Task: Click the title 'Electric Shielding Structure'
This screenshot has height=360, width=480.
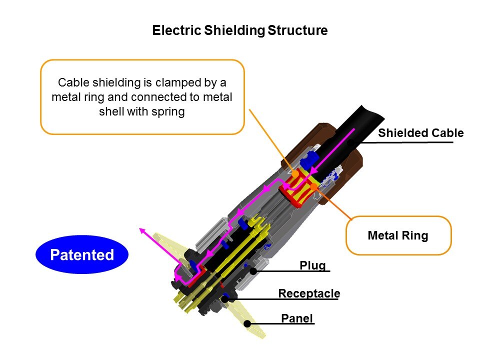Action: click(239, 30)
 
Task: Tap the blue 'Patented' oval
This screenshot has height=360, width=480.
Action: click(82, 255)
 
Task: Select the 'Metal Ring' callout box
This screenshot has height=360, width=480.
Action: click(398, 235)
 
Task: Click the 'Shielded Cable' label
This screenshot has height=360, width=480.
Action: click(420, 133)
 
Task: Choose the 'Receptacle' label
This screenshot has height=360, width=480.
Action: click(309, 293)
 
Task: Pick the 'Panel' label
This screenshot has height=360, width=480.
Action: click(297, 318)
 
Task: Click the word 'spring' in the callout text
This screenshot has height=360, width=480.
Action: click(170, 111)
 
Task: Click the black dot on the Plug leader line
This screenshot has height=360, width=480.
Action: click(253, 271)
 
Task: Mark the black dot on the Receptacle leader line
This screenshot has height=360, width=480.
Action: click(225, 298)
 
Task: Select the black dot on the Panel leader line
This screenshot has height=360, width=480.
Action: click(247, 323)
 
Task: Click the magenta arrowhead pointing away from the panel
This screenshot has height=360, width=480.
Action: click(142, 230)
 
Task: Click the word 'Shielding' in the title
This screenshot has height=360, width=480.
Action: click(234, 30)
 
